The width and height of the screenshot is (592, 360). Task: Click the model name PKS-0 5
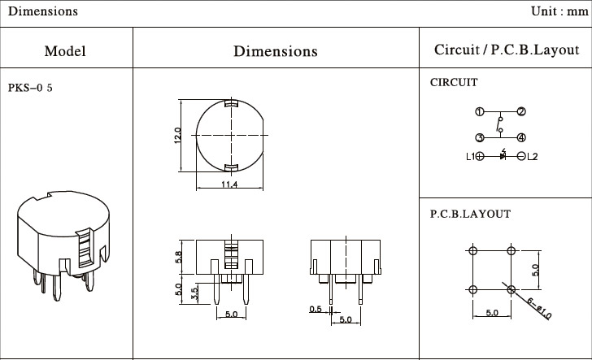click(x=30, y=88)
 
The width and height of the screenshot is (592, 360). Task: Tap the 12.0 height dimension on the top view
click(x=177, y=136)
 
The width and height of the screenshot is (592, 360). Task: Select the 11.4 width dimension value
click(x=229, y=184)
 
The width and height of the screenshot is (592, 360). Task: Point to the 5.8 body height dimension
click(x=178, y=258)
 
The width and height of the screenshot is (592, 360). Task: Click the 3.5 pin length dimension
click(x=195, y=294)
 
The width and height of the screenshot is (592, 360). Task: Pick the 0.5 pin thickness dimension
click(x=316, y=310)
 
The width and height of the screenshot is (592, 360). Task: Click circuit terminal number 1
click(x=480, y=111)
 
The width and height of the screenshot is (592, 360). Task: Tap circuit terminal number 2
click(x=521, y=111)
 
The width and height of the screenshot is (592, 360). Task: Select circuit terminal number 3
click(x=480, y=137)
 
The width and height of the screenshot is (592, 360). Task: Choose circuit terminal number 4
click(x=521, y=137)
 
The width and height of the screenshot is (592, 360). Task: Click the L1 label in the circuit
click(x=470, y=156)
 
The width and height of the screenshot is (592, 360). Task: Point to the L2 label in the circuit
click(x=533, y=156)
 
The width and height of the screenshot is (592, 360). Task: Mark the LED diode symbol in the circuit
click(x=503, y=155)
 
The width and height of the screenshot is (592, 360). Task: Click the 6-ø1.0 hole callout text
click(x=539, y=309)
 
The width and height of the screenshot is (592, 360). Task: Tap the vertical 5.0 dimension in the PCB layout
click(x=535, y=270)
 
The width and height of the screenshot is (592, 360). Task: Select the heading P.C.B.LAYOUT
click(x=470, y=214)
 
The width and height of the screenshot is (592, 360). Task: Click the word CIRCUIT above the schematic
click(x=454, y=82)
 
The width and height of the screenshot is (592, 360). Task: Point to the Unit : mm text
click(x=559, y=11)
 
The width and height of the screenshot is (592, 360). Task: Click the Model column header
click(x=65, y=51)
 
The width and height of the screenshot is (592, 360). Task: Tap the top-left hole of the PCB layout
click(x=472, y=250)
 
